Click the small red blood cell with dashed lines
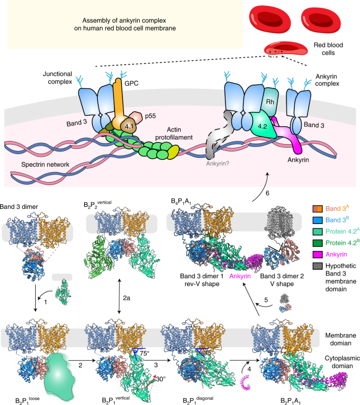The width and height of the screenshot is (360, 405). tap(283, 49)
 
